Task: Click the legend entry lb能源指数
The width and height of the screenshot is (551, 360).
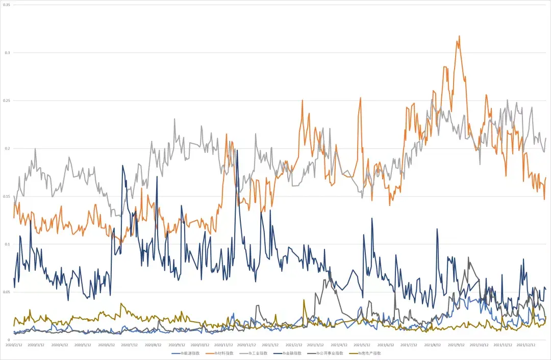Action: pos(185,353)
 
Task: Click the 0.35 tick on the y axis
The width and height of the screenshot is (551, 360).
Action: pos(7,5)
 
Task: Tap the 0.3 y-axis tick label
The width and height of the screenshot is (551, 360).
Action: pos(7,53)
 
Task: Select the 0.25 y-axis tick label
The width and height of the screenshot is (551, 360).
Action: pos(7,100)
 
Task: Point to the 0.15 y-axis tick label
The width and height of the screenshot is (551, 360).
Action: pos(7,196)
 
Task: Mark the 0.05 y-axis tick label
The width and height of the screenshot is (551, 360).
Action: pos(7,292)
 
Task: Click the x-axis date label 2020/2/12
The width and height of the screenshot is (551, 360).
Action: pos(14,345)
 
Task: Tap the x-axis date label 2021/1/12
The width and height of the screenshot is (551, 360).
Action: pos(270,345)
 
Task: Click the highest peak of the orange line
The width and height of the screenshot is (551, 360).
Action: pos(460,36)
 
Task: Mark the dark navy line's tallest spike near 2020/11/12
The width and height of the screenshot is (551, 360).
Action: pos(237,150)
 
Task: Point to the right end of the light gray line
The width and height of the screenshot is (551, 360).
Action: pos(545,138)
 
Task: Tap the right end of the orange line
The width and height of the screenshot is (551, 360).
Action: pos(545,177)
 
